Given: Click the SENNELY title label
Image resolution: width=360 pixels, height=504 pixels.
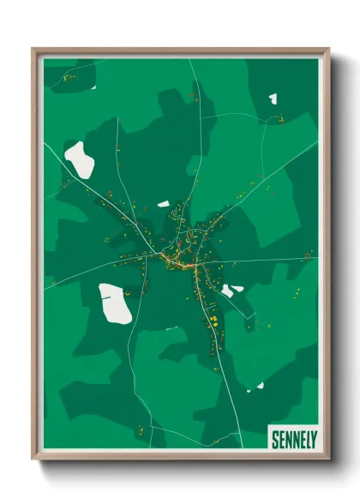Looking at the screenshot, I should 291,438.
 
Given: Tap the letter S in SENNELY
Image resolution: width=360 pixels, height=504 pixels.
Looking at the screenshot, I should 274,439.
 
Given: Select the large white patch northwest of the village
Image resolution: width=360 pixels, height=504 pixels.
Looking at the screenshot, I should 80,159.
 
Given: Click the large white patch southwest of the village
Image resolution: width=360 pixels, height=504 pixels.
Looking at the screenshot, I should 115,303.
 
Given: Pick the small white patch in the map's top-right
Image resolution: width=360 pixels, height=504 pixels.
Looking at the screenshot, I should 273,99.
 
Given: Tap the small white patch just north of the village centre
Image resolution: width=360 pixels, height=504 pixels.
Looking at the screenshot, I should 163,204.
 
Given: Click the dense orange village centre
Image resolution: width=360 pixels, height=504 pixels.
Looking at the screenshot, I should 180,261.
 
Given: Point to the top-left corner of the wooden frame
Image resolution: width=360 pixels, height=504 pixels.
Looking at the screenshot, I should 33,49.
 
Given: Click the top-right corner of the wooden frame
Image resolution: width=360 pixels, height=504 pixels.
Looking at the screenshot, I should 329,49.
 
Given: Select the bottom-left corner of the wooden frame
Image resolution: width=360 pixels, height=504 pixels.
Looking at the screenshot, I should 33,459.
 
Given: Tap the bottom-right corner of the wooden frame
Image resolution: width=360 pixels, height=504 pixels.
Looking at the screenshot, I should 329,459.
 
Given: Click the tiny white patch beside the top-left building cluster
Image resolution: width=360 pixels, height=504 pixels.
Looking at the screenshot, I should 92,85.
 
